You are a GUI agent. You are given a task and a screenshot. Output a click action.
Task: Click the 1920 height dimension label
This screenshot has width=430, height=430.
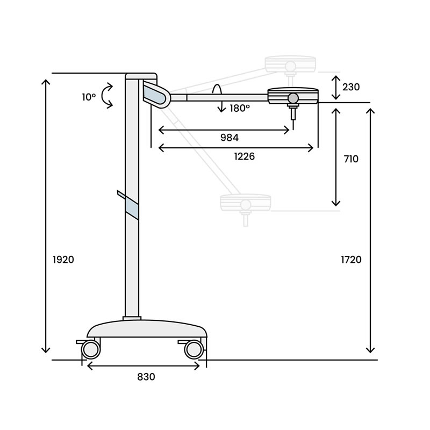(63, 260)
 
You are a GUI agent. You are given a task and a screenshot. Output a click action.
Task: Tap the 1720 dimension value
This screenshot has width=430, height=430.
(351, 260)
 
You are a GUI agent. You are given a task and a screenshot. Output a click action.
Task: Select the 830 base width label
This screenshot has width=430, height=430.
(146, 377)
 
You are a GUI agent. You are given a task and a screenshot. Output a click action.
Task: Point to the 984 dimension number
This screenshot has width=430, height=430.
(230, 138)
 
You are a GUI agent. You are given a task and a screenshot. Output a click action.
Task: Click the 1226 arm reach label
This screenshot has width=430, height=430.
(245, 156)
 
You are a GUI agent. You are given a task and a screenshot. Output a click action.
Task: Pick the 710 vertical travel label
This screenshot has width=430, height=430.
(351, 159)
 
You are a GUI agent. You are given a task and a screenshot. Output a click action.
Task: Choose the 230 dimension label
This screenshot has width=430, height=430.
(351, 87)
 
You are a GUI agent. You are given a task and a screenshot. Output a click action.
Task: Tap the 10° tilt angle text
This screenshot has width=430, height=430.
(89, 97)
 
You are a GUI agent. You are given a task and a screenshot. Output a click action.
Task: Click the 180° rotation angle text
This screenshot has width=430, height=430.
(240, 109)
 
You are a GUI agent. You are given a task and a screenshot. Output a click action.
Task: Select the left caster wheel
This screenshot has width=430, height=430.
(91, 349)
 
